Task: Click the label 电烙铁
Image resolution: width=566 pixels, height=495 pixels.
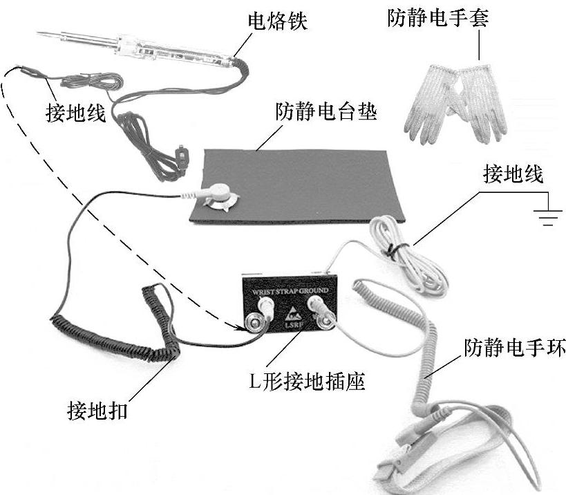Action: (x=277, y=21)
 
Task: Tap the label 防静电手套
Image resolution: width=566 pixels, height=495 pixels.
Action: (x=438, y=17)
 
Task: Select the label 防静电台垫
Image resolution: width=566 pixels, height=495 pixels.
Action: (x=326, y=111)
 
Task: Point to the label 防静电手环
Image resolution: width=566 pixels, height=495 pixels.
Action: (x=515, y=347)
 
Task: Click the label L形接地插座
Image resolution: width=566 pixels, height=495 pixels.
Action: (x=307, y=381)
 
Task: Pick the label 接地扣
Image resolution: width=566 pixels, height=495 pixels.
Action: (x=97, y=411)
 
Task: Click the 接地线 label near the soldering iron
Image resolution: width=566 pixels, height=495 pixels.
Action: (x=75, y=112)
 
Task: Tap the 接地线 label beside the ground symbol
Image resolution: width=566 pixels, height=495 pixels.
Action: (x=513, y=174)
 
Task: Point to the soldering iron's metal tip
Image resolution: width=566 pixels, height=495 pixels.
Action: (x=49, y=35)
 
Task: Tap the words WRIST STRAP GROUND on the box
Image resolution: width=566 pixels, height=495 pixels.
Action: (x=290, y=291)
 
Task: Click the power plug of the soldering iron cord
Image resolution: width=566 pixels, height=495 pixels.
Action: (x=182, y=156)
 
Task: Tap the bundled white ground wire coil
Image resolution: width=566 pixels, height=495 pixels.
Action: (x=408, y=253)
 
